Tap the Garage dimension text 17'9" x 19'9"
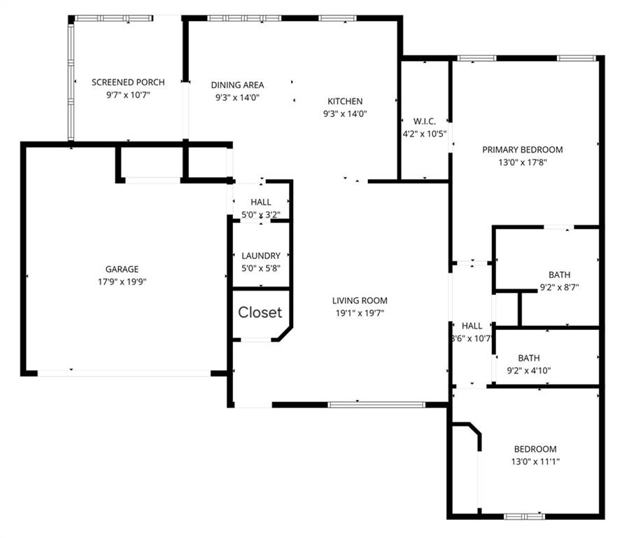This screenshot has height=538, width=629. click(122, 282)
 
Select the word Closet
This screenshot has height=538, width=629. click(260, 312)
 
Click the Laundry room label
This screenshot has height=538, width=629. click(261, 256)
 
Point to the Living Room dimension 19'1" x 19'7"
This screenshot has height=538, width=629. click(360, 313)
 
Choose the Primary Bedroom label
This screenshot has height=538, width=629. click(523, 149)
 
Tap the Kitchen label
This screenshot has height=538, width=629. click(345, 102)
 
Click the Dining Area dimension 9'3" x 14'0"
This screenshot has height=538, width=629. click(238, 98)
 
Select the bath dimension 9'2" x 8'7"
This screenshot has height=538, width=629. click(559, 287)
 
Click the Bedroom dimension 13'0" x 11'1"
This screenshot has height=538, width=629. click(535, 462)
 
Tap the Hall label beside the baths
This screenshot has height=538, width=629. click(472, 326)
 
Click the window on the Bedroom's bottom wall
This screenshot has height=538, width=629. click(524, 516)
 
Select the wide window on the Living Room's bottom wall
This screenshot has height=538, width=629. click(376, 404)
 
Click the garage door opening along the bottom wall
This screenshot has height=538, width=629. click(124, 373)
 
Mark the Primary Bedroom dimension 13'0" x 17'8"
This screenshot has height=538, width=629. click(523, 163)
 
